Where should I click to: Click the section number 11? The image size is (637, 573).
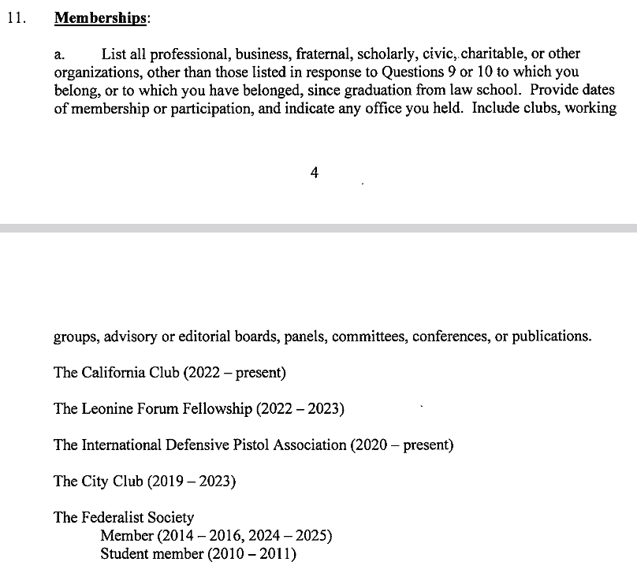[x=15, y=19]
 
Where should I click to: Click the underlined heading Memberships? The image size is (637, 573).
[x=101, y=19]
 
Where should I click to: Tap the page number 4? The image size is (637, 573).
[x=315, y=173]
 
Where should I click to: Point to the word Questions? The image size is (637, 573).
[x=405, y=72]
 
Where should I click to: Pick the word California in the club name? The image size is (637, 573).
[x=113, y=372]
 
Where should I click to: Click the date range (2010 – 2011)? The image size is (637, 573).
[x=251, y=553]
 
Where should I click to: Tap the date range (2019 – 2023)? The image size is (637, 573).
[x=192, y=481]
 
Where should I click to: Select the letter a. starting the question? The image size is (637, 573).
[x=59, y=54]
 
